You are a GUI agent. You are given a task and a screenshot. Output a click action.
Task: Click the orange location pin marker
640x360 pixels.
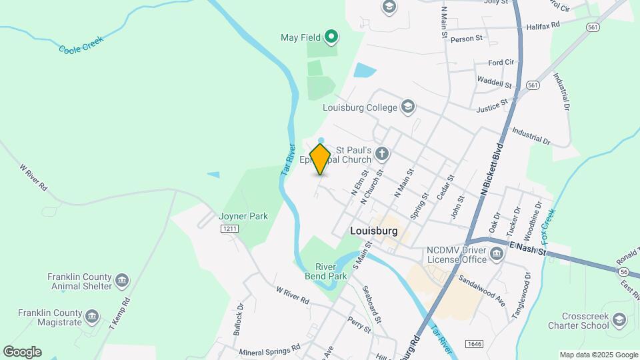click(x=320, y=159)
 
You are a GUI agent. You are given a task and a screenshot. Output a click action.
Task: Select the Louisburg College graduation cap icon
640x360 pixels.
click(x=408, y=107)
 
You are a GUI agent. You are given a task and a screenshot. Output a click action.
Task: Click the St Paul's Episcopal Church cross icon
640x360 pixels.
click(x=381, y=155)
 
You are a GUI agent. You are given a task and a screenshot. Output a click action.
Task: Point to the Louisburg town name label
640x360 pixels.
click(x=373, y=231)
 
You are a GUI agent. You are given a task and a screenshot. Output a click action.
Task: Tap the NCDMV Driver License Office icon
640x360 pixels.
click(x=496, y=253)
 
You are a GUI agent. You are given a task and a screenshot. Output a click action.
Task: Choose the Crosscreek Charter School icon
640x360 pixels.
click(x=620, y=321)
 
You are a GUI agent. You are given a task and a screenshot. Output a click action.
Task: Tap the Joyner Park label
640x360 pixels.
click(x=243, y=216)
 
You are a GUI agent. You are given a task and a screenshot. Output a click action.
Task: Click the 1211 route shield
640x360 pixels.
click(x=230, y=229)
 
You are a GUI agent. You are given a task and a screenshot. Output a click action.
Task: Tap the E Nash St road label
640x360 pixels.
click(x=528, y=249)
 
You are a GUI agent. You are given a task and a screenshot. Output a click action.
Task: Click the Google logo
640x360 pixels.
click(x=22, y=352)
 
